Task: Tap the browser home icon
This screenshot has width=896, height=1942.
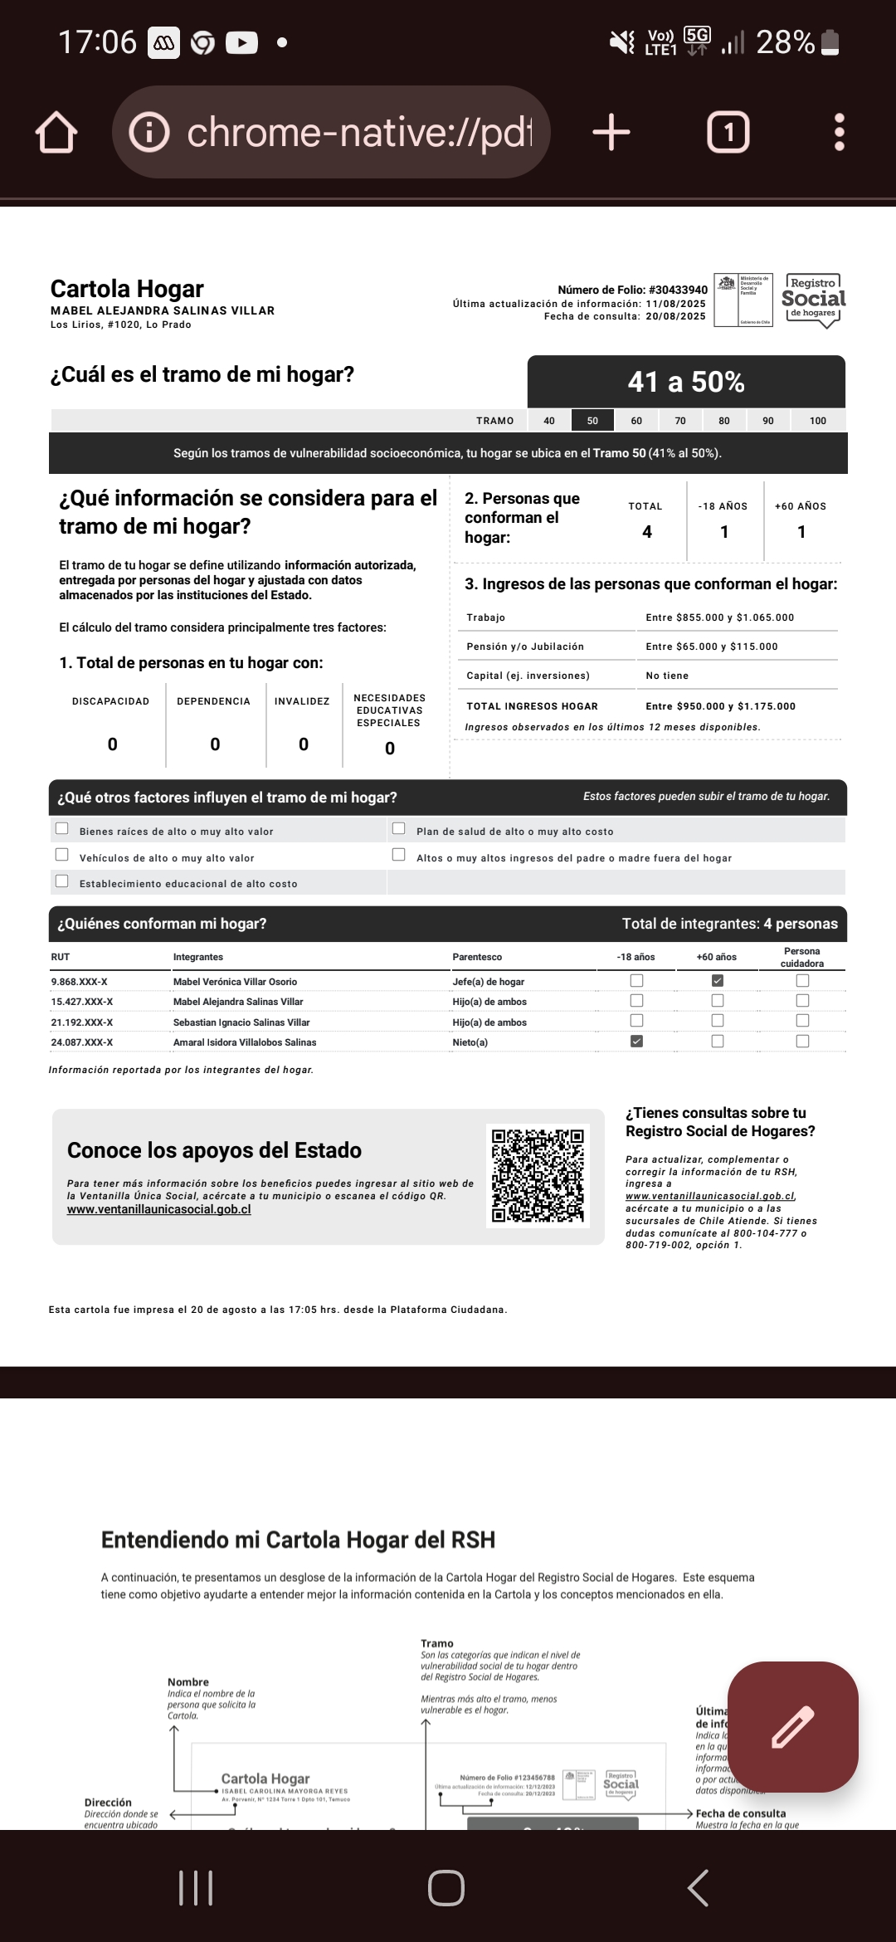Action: (56, 133)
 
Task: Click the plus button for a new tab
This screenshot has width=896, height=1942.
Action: (611, 133)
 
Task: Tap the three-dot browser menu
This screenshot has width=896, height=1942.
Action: (839, 133)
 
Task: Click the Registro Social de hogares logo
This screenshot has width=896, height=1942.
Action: (813, 300)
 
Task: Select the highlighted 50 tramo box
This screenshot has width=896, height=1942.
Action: (592, 421)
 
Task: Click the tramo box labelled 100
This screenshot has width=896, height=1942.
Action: (818, 421)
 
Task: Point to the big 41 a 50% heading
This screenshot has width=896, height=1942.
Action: (686, 382)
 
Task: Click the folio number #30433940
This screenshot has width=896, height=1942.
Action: (678, 290)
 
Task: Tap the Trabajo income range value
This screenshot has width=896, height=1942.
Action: (719, 617)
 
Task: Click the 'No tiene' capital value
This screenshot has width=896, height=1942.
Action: (667, 676)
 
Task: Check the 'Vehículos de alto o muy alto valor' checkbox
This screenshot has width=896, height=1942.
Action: (62, 855)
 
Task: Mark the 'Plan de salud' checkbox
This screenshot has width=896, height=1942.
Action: (399, 828)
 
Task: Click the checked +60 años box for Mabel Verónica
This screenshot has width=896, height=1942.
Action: (718, 980)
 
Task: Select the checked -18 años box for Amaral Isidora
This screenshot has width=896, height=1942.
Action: (636, 1042)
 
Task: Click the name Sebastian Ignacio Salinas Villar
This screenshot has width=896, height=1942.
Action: (241, 1022)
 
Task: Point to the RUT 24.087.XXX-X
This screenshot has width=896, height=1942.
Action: (82, 1042)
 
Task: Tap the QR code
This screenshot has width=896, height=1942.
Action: (538, 1175)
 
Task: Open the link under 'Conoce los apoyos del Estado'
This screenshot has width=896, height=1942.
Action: (159, 1209)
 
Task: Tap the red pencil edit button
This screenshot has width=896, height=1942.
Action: (792, 1727)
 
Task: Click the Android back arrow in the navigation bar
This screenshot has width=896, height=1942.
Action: (699, 1887)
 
